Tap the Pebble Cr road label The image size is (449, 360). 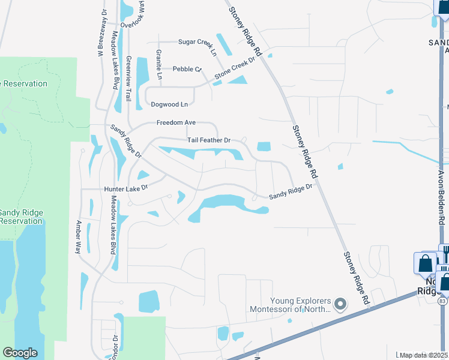tap(187, 69)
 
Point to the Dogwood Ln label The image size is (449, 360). tap(169, 104)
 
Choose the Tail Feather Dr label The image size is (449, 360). tap(209, 140)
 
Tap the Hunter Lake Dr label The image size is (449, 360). tap(126, 188)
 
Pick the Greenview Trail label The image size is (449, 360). tap(128, 78)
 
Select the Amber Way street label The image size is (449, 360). tap(78, 237)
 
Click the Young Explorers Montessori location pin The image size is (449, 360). tap(340, 304)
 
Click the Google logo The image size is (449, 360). tap(20, 353)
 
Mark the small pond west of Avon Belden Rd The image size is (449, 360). tap(340, 166)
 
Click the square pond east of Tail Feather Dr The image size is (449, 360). tap(264, 146)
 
